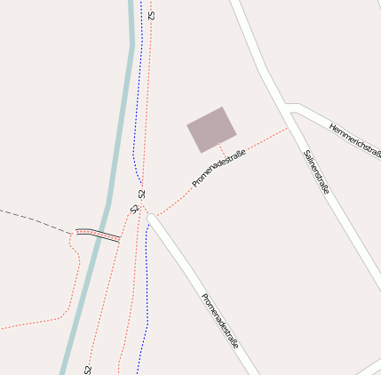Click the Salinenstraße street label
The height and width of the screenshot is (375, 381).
[x=317, y=172]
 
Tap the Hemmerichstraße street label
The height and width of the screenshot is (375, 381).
[x=354, y=141]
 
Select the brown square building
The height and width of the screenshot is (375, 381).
[x=211, y=130]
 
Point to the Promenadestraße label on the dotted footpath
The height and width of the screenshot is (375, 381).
[x=218, y=167]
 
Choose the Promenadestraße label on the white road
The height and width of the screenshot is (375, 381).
[x=219, y=320]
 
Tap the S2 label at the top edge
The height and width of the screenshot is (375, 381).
[x=152, y=15]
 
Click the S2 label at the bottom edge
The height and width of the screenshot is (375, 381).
[x=88, y=368]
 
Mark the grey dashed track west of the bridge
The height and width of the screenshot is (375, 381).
[x=36, y=219]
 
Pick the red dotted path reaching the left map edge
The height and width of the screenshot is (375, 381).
[x=27, y=324]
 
